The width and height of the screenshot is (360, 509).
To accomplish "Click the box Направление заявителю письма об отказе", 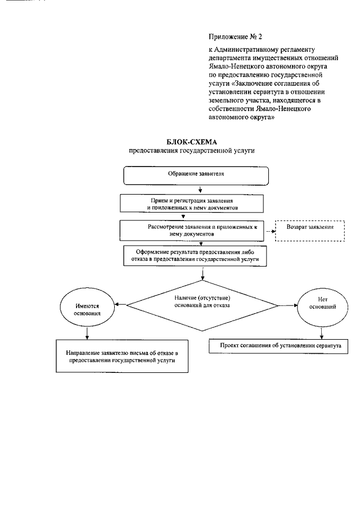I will click(x=121, y=357).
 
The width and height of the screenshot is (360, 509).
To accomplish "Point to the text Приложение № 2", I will click(x=236, y=37).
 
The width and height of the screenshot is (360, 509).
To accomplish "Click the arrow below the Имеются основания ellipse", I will click(x=87, y=333).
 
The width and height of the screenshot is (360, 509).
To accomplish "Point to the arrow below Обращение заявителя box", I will click(x=201, y=189).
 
